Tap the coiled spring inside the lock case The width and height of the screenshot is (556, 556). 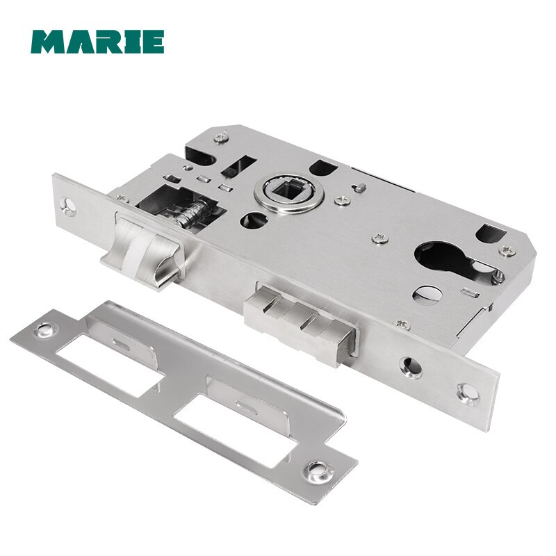[x=191, y=211]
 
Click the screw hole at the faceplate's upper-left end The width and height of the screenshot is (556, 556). [x=67, y=205]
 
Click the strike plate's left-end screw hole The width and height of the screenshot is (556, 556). [x=48, y=327]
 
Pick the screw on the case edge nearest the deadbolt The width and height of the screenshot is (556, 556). [x=401, y=324]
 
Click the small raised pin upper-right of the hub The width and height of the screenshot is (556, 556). [x=360, y=187]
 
